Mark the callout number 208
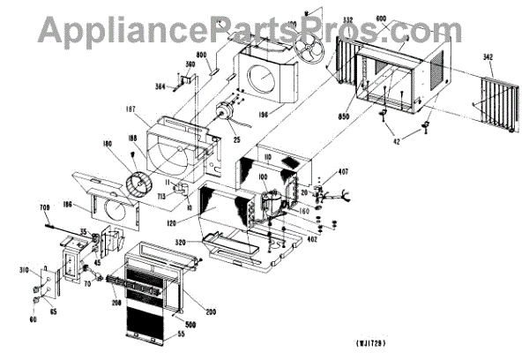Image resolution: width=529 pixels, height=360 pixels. coord(116,301)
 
